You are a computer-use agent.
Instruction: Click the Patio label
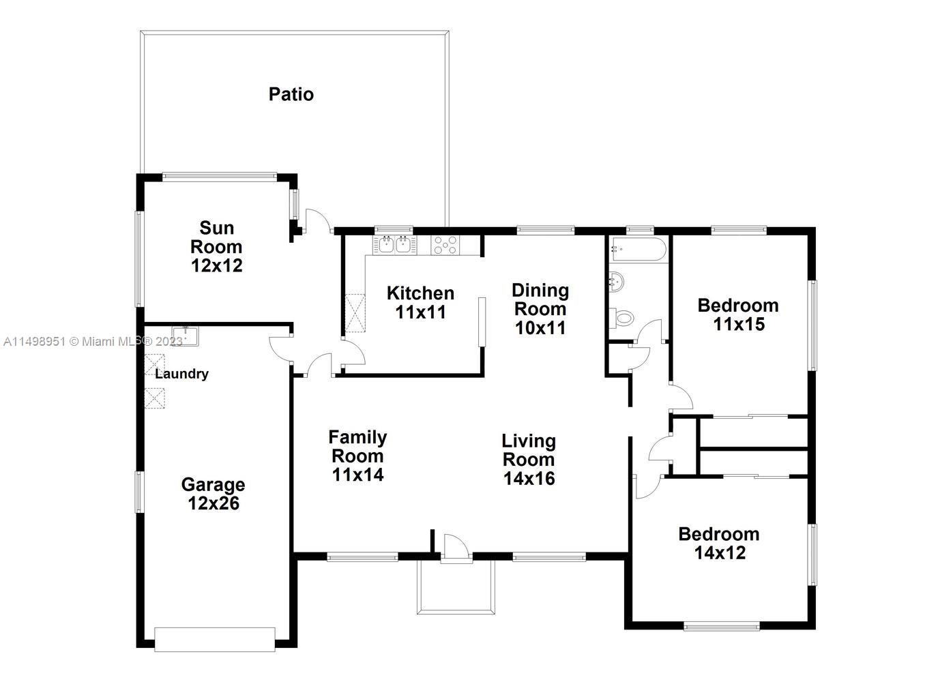[x=291, y=94]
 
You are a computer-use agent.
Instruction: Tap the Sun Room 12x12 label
[x=216, y=247]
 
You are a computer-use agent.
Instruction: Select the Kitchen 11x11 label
[x=420, y=302]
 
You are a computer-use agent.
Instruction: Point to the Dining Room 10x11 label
[x=540, y=309]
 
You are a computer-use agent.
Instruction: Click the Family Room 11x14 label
[x=357, y=456]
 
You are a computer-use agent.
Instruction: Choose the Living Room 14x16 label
[x=529, y=459]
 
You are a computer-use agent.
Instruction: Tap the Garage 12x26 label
[x=213, y=494]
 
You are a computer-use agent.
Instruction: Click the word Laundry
[x=181, y=374]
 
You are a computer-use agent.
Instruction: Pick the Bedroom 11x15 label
[x=738, y=314]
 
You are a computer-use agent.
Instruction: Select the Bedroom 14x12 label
[x=719, y=544]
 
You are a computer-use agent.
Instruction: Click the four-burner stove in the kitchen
[x=445, y=246]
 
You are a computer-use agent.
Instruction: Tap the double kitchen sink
[x=395, y=246]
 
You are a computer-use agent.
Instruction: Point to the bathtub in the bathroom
[x=637, y=250]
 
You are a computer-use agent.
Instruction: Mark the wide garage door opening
[x=215, y=639]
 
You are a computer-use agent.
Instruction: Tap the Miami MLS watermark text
[x=93, y=342]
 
